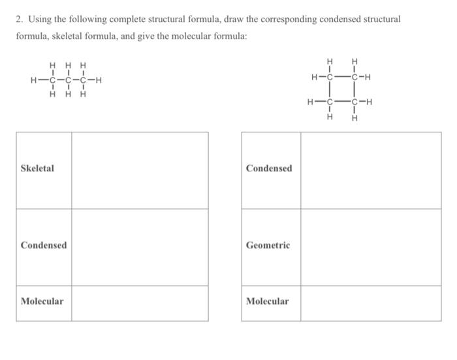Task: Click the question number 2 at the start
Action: tap(19, 20)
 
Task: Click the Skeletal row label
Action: tap(37, 168)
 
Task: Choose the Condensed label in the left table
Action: tap(43, 245)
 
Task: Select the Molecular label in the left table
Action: tap(42, 301)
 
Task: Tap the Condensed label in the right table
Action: tap(269, 168)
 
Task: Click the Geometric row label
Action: tap(268, 245)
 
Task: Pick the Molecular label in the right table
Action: tap(267, 301)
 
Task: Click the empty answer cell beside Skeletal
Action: tap(140, 170)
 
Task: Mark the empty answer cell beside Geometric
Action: tap(370, 247)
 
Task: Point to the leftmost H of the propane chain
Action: tap(33, 80)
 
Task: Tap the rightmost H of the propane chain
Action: tap(98, 80)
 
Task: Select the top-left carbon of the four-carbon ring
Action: tap(330, 78)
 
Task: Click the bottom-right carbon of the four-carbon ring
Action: tap(355, 102)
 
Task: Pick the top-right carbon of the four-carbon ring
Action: tap(355, 78)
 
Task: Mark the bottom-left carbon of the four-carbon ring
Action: tap(330, 102)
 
